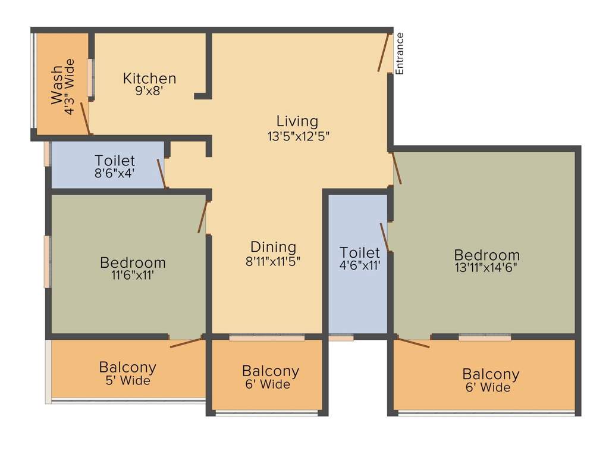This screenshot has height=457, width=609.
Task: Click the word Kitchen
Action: pyautogui.click(x=149, y=79)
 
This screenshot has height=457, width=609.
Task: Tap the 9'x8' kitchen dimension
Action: pyautogui.click(x=149, y=91)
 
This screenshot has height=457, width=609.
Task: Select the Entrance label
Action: pyautogui.click(x=399, y=53)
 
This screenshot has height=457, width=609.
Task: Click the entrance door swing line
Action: pyautogui.click(x=384, y=52)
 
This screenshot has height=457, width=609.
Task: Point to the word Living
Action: pyautogui.click(x=297, y=121)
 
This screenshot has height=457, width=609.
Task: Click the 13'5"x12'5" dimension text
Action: pyautogui.click(x=299, y=136)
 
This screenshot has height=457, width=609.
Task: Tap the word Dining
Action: pyautogui.click(x=274, y=247)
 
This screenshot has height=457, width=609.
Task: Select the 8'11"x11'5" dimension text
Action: pyautogui.click(x=272, y=261)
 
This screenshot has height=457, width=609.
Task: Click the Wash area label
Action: pyautogui.click(x=56, y=84)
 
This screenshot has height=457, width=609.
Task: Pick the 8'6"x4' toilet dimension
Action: pyautogui.click(x=115, y=173)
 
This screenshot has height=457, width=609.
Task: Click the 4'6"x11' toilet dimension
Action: pyautogui.click(x=360, y=266)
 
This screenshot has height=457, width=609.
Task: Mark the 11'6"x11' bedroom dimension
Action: pyautogui.click(x=133, y=276)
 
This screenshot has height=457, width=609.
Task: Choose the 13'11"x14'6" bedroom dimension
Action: pyautogui.click(x=486, y=268)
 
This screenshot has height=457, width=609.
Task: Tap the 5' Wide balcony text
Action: pyautogui.click(x=128, y=380)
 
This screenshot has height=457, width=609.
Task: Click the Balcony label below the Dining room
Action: pyautogui.click(x=271, y=371)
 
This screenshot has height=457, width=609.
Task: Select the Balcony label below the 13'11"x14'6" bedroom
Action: pyautogui.click(x=491, y=374)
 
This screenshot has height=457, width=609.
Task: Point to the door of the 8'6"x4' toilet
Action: pyautogui.click(x=162, y=174)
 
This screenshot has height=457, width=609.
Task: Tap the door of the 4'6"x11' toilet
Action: pyautogui.click(x=385, y=237)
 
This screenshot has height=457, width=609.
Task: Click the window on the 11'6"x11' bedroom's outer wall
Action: pyautogui.click(x=48, y=262)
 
